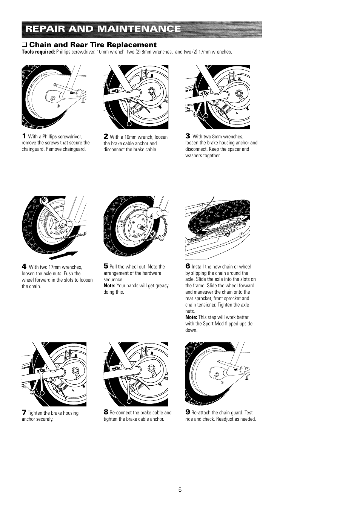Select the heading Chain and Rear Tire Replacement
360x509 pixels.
coord(92,45)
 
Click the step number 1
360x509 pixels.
coord(24,136)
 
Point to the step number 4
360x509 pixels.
coord(24,266)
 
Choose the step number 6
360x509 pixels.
coord(188,266)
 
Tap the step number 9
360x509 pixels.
coord(188,412)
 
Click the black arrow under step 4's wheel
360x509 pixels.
coord(63,255)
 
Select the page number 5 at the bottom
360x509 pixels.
coord(180,490)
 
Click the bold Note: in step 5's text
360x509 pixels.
coord(109,286)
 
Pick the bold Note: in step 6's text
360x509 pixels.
coord(191,317)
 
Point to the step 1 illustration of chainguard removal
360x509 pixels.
coord(54,97)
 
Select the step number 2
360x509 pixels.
coord(106,136)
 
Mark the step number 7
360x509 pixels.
coord(24,412)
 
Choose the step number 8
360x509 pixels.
coord(106,412)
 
